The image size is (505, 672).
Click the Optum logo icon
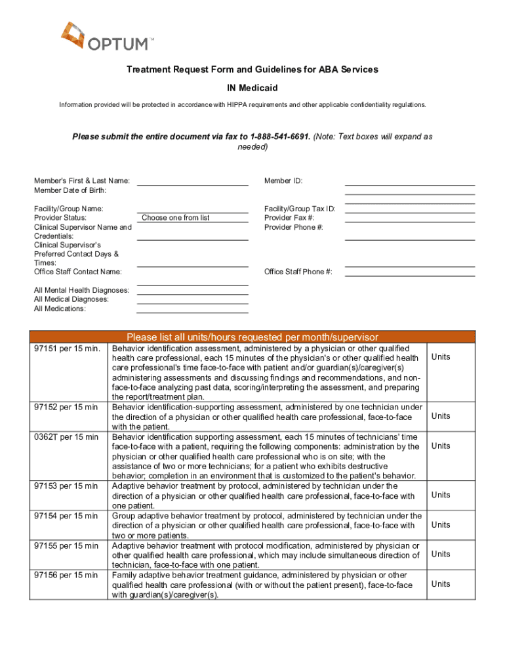coord(72,35)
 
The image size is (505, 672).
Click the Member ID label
coord(283,181)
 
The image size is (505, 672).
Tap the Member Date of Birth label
coord(70,190)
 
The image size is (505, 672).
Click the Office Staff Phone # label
coord(298,272)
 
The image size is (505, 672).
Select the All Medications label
coord(60,308)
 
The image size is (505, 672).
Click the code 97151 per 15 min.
coord(66,348)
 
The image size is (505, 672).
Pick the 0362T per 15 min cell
coord(66,437)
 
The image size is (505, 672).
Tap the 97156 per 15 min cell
coord(66,576)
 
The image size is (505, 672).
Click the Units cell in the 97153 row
coord(441,495)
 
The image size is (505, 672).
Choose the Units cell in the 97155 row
coord(441,554)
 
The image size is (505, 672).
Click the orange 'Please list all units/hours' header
coord(253,337)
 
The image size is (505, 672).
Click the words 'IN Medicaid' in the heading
coord(253,87)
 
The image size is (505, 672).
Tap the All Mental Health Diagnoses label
coord(81,290)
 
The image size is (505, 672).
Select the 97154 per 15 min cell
coord(66,516)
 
